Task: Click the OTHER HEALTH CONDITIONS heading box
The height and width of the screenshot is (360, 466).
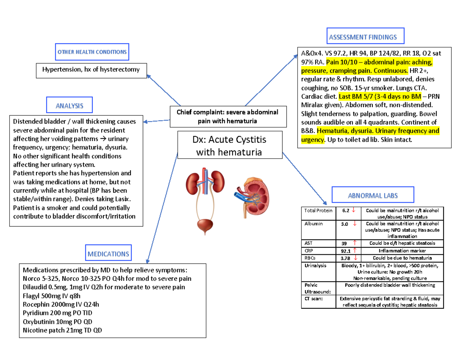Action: (x=92, y=52)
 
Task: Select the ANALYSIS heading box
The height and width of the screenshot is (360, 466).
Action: (x=70, y=105)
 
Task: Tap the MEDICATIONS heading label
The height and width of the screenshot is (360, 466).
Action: (x=108, y=254)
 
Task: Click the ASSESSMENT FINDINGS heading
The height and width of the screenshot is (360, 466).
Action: (x=363, y=37)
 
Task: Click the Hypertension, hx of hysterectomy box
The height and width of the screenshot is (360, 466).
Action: (x=91, y=70)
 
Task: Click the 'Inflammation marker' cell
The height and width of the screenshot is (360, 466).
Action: (x=402, y=250)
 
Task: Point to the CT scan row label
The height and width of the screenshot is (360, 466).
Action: (x=314, y=299)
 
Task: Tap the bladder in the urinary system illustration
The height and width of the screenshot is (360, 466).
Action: (x=205, y=226)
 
